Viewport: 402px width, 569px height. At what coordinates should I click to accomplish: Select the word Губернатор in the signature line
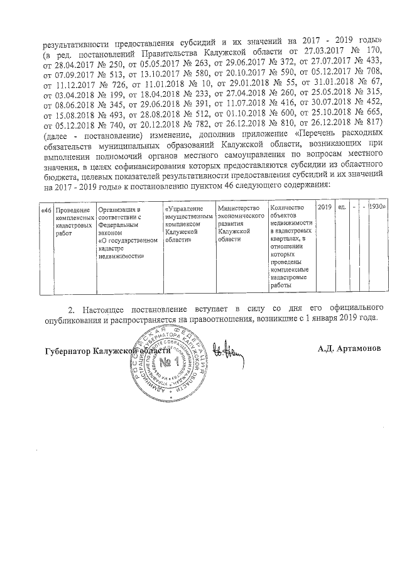[66, 350]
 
